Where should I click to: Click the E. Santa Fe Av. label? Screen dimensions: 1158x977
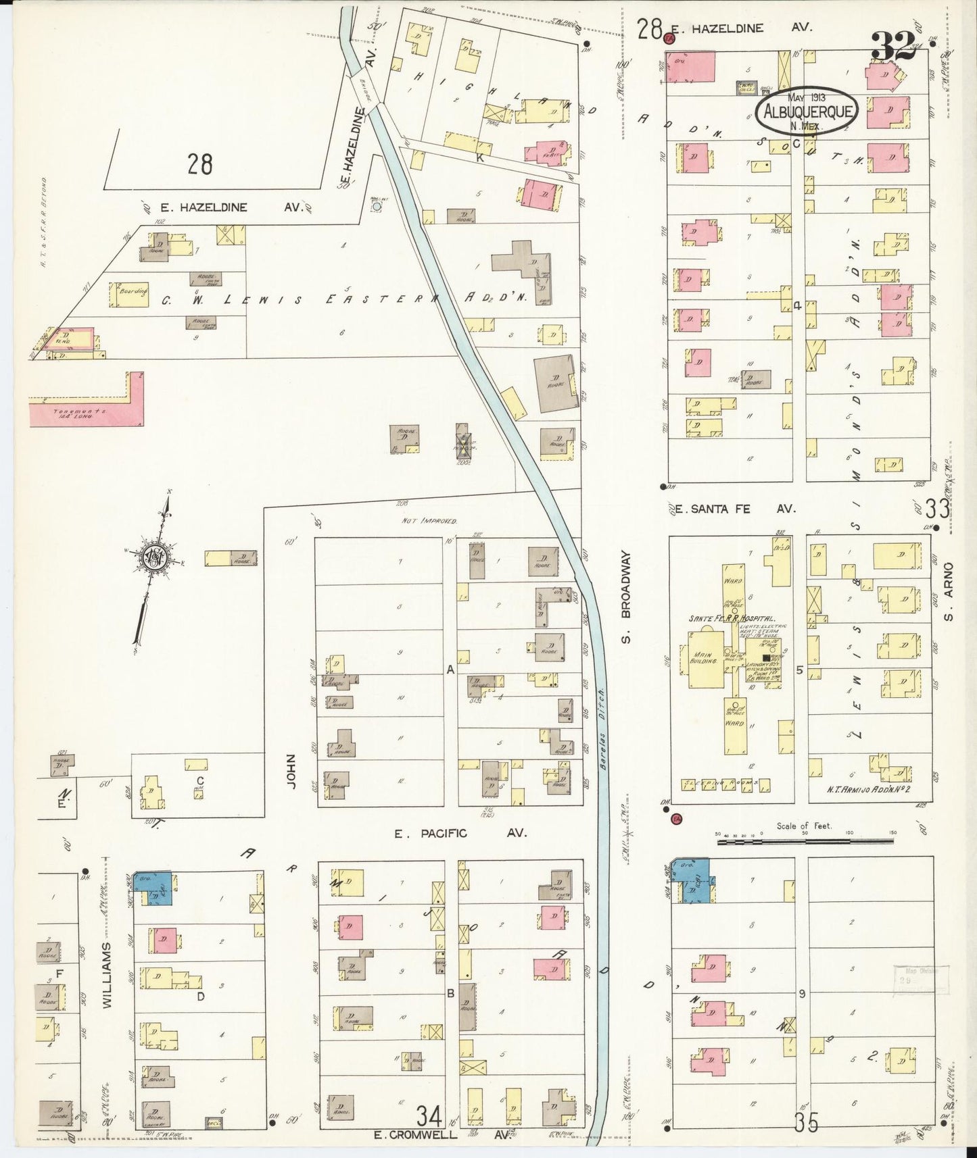pos(737,509)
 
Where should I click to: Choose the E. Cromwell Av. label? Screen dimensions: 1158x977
pos(443,1135)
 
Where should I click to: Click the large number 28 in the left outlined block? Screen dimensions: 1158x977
pos(200,164)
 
